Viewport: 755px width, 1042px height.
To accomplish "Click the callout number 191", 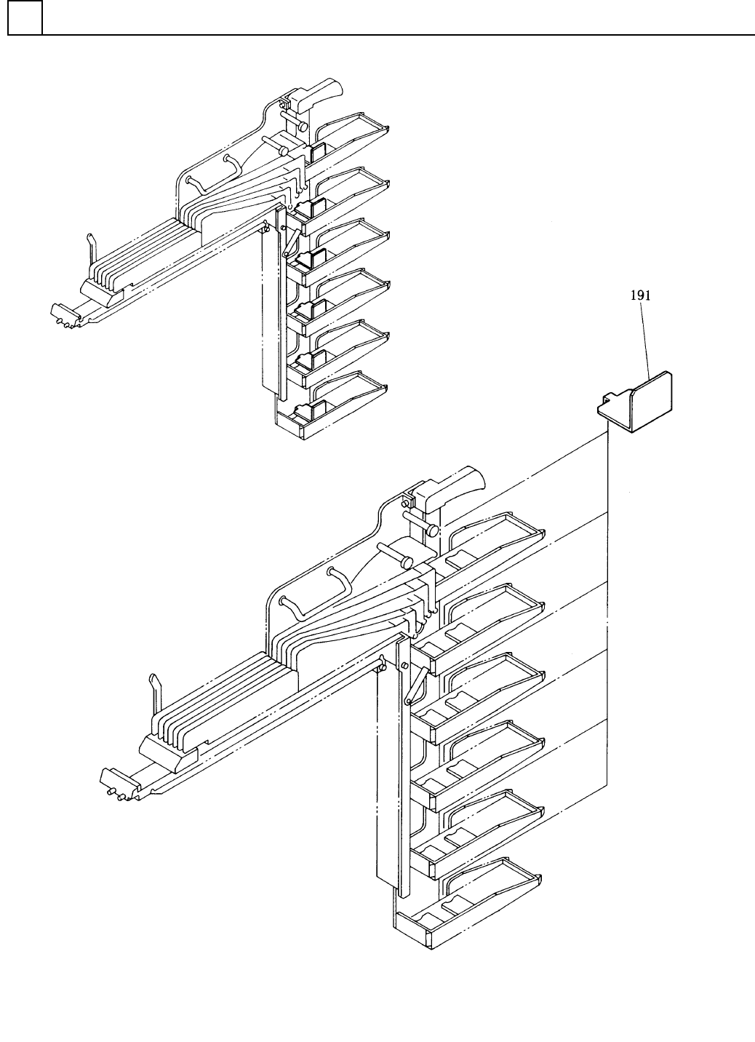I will (x=641, y=295).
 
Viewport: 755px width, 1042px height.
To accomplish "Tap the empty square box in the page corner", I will (x=25, y=17).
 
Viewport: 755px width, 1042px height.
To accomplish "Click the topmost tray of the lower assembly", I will (x=502, y=535).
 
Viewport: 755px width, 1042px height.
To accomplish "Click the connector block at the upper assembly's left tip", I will (x=64, y=314).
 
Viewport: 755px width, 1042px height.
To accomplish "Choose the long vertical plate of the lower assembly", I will (x=387, y=771).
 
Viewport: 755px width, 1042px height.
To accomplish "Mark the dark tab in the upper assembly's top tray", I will (x=317, y=154).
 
